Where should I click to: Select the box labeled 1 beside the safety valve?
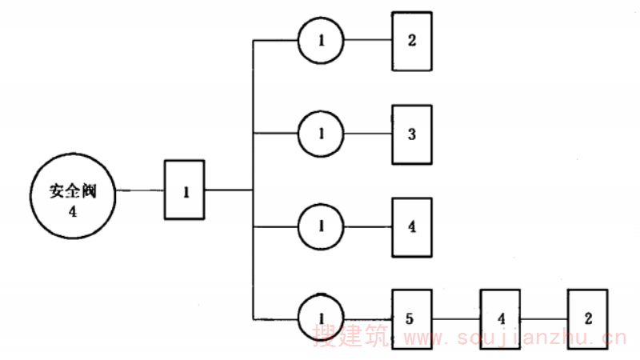pyautogui.click(x=185, y=190)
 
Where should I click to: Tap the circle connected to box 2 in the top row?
pyautogui.click(x=321, y=40)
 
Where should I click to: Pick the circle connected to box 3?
pyautogui.click(x=321, y=133)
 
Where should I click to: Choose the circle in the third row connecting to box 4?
pyautogui.click(x=321, y=226)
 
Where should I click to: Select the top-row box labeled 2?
pyautogui.click(x=411, y=40)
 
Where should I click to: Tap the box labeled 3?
pyautogui.click(x=411, y=133)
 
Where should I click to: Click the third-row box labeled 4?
pyautogui.click(x=411, y=226)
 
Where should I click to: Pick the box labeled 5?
pyautogui.click(x=411, y=318)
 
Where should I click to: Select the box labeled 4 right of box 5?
pyautogui.click(x=501, y=318)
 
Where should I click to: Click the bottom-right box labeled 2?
pyautogui.click(x=588, y=318)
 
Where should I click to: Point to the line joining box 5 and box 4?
pyautogui.click(x=456, y=318)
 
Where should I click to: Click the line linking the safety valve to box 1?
pyautogui.click(x=140, y=190)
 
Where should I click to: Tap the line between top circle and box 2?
pyautogui.click(x=367, y=40)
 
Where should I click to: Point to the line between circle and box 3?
pyautogui.click(x=367, y=133)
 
